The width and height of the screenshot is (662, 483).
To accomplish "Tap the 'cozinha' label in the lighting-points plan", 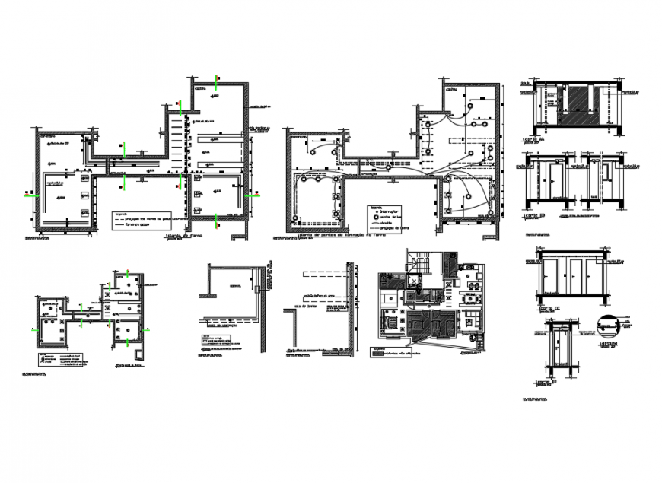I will [x=452, y=90].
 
